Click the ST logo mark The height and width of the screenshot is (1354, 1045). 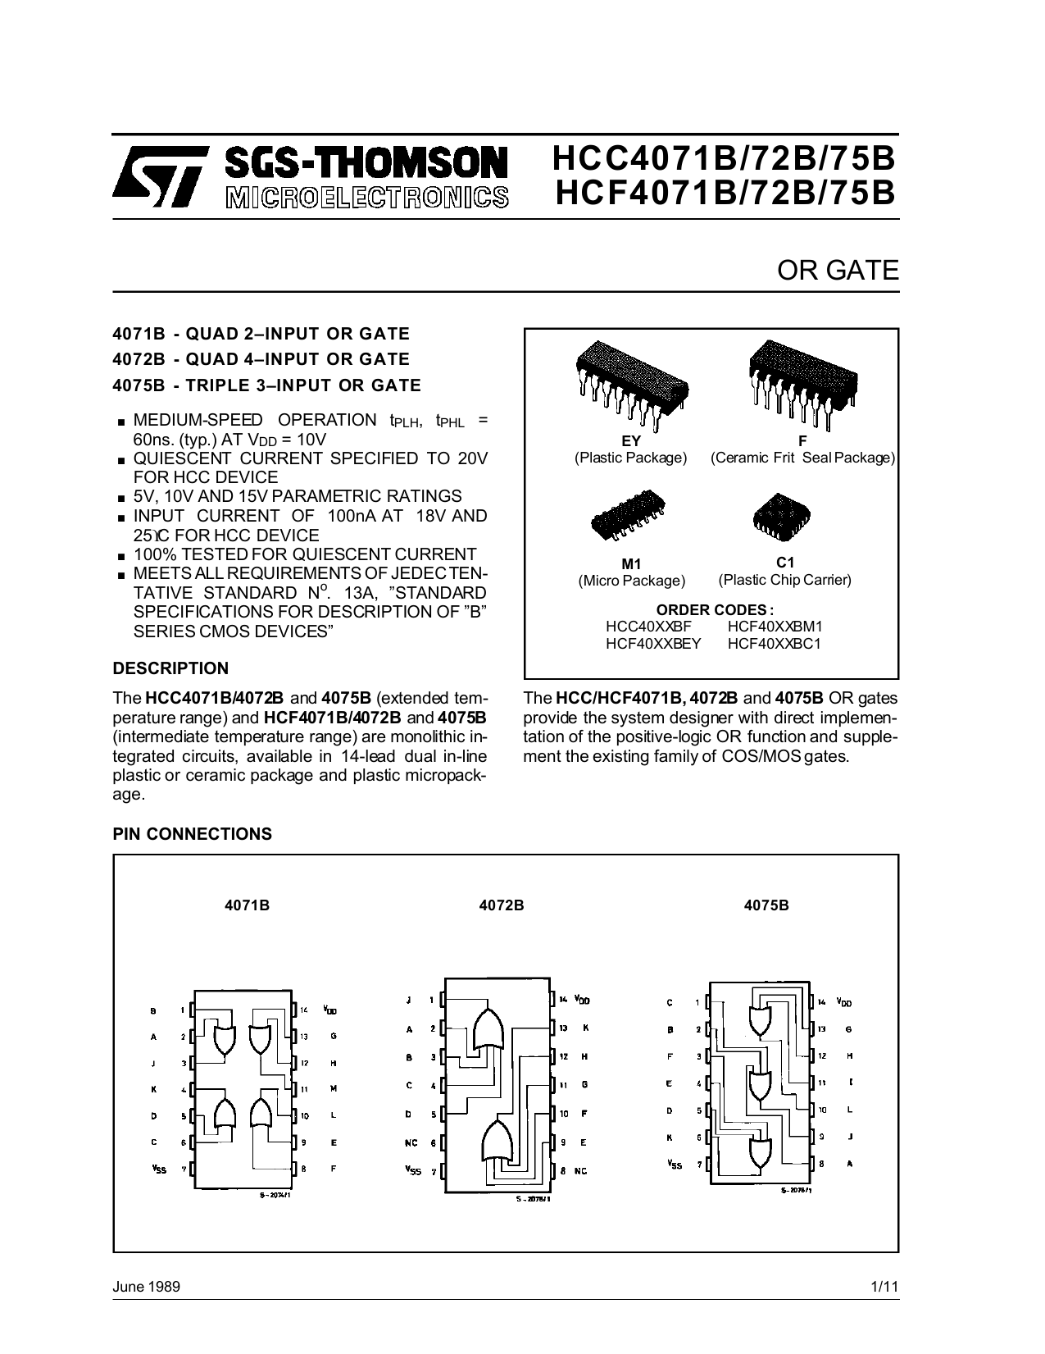coord(157,176)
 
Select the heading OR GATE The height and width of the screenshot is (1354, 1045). coord(838,271)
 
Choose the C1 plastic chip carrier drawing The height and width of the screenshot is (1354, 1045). coord(782,515)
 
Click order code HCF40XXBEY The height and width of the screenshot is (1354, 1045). coord(653,644)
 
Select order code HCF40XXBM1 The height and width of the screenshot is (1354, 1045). coord(775,627)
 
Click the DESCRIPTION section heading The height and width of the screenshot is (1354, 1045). coord(170,668)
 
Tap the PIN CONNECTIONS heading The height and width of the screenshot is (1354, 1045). coord(193,834)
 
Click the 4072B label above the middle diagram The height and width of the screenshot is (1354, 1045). coord(501,905)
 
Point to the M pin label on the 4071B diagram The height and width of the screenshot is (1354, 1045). coord(334,1088)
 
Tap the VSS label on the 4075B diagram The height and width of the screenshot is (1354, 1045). coord(675,1164)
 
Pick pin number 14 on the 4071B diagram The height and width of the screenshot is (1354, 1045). coord(303,1010)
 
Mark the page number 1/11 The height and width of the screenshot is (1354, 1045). coord(885,1287)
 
